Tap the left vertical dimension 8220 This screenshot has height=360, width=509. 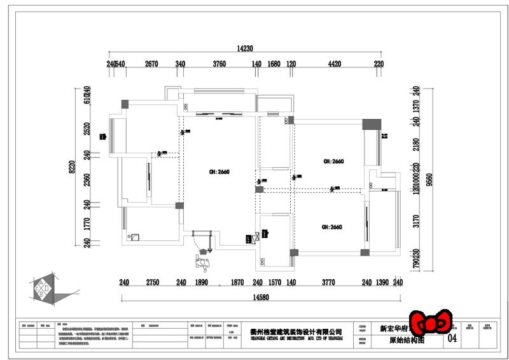tap(72, 167)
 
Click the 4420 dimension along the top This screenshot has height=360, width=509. tap(335, 64)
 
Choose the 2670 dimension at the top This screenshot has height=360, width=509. tap(151, 64)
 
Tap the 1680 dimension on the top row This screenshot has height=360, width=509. tap(274, 64)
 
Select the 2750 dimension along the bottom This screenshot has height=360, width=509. tap(153, 282)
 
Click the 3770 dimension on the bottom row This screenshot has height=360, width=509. tap(328, 282)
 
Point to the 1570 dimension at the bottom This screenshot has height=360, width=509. tap(274, 282)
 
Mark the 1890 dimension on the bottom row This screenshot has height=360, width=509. tap(201, 282)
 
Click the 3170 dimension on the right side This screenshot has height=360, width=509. tap(415, 221)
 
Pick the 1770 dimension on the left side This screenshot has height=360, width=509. tap(87, 223)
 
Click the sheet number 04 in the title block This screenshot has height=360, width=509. tap(452, 339)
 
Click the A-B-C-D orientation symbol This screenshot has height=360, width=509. tap(42, 289)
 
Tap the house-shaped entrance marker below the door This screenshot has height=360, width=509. tap(204, 261)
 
